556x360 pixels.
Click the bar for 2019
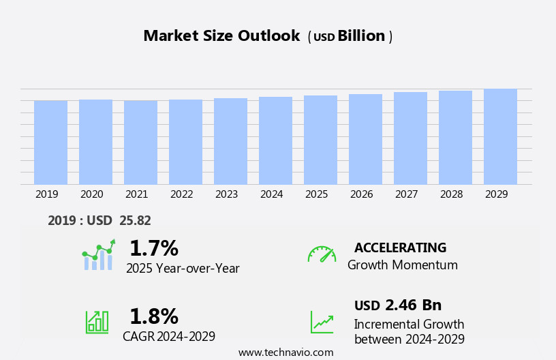click(50, 142)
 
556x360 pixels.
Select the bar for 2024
click(275, 140)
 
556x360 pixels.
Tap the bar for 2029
click(500, 136)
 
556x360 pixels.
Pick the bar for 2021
click(140, 142)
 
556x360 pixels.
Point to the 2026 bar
click(365, 139)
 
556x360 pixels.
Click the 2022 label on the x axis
click(182, 194)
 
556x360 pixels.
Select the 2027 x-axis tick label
click(407, 194)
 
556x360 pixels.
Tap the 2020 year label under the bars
click(92, 194)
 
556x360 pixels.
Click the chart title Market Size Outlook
click(221, 36)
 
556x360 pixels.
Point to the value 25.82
click(135, 220)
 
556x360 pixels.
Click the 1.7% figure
click(153, 248)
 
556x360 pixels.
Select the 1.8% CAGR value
click(153, 316)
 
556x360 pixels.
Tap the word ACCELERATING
click(400, 247)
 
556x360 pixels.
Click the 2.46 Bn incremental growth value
click(413, 305)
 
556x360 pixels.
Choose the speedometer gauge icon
click(322, 254)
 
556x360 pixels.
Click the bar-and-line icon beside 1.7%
click(99, 255)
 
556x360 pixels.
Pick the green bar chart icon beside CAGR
click(97, 321)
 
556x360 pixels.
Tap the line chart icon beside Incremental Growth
click(322, 322)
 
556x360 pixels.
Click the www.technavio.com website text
click(285, 352)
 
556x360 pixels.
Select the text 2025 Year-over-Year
click(183, 269)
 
